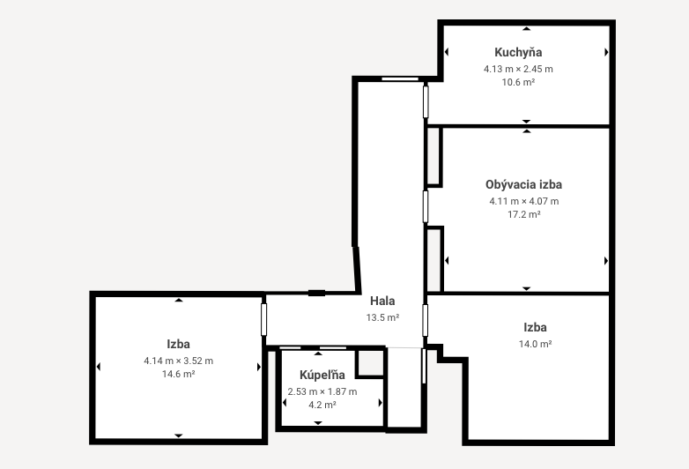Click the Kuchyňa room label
518,53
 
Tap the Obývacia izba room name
523,184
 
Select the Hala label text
382,301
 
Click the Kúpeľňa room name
322,375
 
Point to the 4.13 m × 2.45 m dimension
518,69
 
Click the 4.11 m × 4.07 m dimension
524,201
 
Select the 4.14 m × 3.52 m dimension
178,361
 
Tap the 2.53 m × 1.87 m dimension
322,391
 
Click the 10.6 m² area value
518,82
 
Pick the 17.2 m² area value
524,214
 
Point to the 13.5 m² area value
382,317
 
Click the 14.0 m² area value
535,344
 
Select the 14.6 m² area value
178,374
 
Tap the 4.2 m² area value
322,405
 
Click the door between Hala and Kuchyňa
426,102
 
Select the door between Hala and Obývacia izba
426,206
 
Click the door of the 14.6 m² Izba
263,319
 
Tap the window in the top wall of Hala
400,79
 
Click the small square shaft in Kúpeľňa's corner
370,363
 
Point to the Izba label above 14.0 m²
535,327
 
